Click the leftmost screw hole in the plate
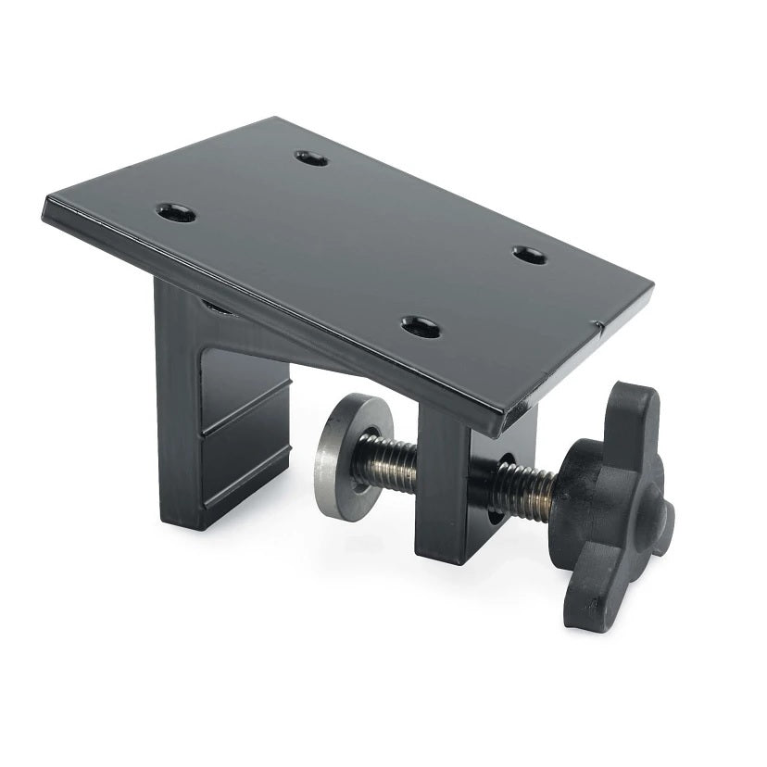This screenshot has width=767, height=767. click(175, 214)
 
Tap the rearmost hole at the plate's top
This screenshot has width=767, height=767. click(312, 158)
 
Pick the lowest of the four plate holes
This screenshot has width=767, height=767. click(421, 325)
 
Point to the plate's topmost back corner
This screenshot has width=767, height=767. click(278, 119)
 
